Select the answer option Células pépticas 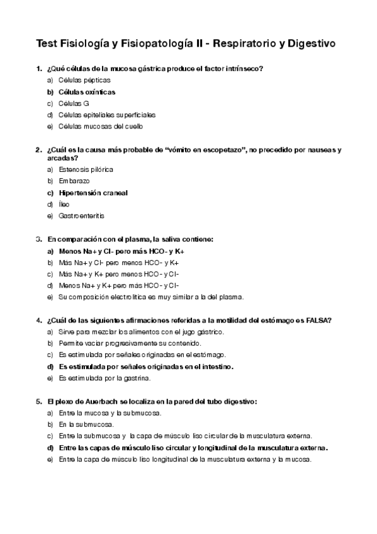tap(84, 80)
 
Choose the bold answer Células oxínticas tap(87, 91)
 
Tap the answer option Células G tap(74, 103)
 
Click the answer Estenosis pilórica tap(86, 169)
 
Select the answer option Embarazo tap(74, 181)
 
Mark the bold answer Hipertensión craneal tap(93, 193)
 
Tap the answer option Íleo tap(64, 204)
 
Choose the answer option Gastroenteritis tap(81, 215)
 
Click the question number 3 tap(38, 239)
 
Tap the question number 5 tap(38, 402)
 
